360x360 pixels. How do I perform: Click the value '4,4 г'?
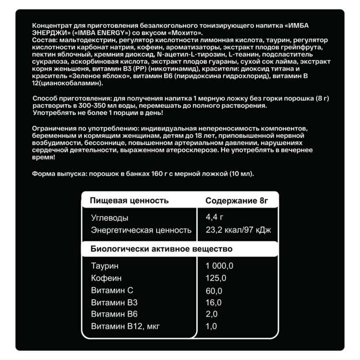click(215, 217)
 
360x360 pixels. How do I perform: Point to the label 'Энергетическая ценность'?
click(141, 230)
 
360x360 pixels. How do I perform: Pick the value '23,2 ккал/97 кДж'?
click(238, 230)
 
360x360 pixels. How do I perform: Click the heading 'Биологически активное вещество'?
click(161, 249)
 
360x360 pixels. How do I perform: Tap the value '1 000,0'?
click(219, 266)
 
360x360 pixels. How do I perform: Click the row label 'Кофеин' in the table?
click(106, 278)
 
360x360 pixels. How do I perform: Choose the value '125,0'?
click(216, 278)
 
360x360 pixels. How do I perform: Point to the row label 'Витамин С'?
click(112, 290)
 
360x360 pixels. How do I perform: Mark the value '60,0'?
click(214, 290)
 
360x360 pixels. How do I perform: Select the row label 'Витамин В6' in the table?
click(114, 314)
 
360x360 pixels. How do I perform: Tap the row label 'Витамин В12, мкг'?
click(125, 326)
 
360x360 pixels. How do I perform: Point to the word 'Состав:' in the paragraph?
click(43, 40)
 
